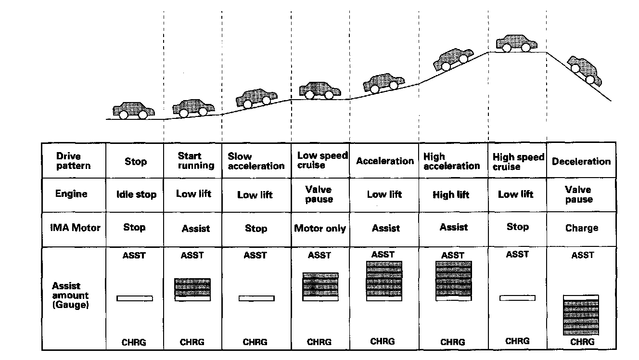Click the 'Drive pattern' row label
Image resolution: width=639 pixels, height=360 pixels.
tap(73, 161)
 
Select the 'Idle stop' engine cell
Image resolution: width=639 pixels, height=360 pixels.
tap(136, 195)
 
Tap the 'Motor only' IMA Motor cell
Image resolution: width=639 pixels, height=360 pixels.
tap(320, 228)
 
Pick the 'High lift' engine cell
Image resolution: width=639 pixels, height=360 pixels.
tap(451, 195)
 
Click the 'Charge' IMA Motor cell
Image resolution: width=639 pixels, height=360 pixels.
tap(581, 228)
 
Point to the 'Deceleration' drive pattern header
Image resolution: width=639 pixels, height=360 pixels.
tap(581, 161)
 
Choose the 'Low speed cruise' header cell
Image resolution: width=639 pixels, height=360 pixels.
tap(321, 160)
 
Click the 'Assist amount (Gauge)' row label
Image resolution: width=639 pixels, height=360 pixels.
tap(71, 296)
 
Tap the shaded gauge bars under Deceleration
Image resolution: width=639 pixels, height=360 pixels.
tap(581, 317)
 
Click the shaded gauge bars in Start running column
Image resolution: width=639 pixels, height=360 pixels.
tap(192, 287)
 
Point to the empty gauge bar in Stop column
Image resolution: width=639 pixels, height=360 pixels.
tap(135, 298)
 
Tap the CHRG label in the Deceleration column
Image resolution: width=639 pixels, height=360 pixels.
tap(582, 342)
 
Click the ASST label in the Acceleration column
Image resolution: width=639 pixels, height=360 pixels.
tap(383, 254)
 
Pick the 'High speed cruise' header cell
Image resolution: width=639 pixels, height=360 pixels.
tap(518, 162)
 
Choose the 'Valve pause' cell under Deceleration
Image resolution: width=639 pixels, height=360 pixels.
tap(579, 194)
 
